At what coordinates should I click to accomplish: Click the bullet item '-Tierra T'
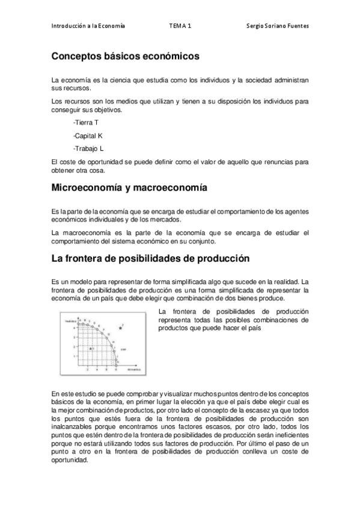(x=85, y=123)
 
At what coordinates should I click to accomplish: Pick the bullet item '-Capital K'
(x=88, y=135)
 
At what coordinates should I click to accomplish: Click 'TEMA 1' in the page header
(x=180, y=26)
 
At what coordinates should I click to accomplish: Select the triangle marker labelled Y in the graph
(x=90, y=348)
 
